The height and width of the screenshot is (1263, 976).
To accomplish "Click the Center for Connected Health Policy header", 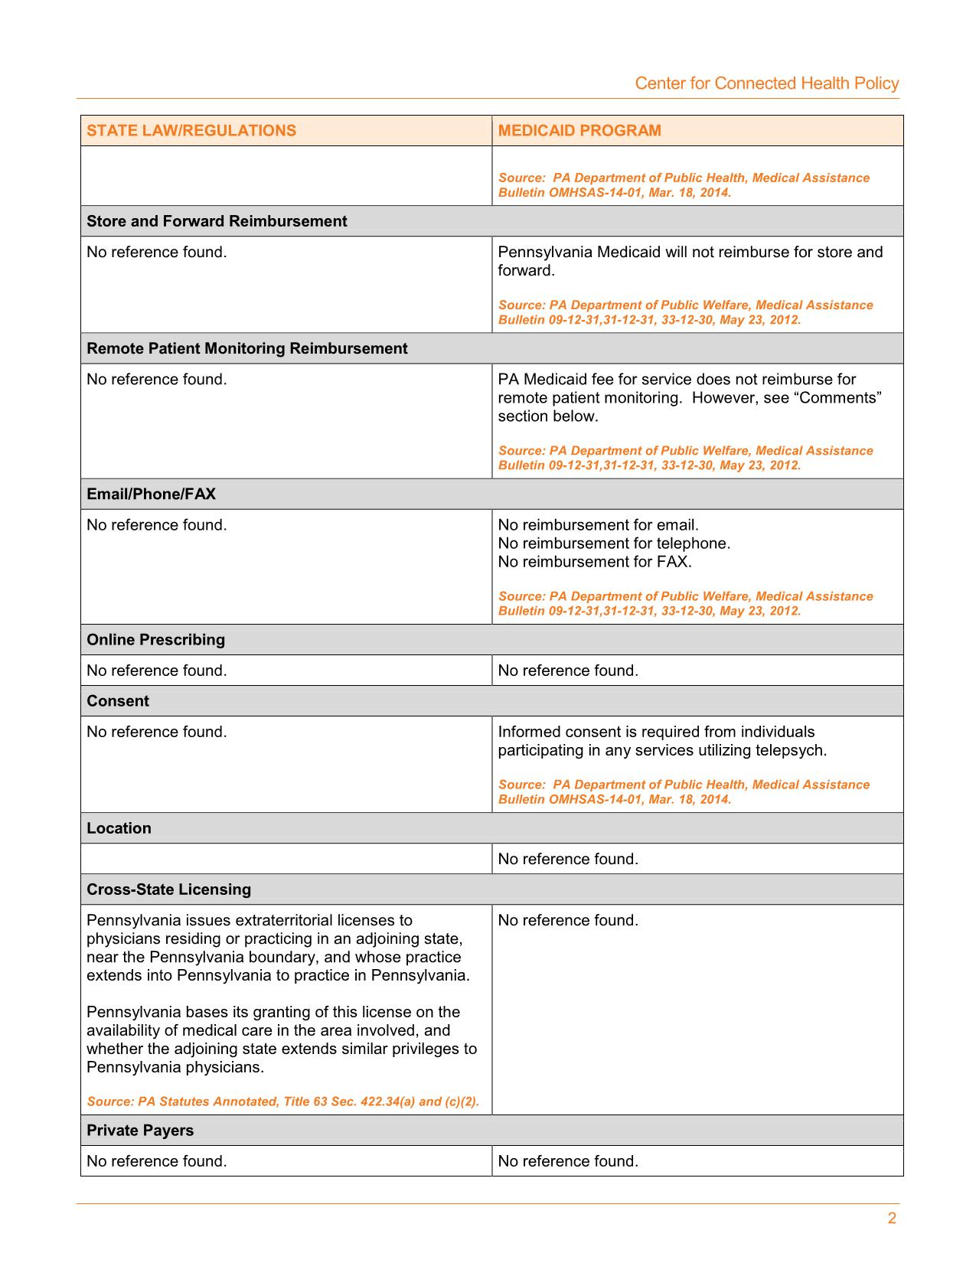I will (766, 83).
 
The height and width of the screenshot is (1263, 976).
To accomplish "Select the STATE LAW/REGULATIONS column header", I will (191, 130).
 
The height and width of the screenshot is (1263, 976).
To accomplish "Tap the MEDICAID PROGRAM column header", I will (579, 130).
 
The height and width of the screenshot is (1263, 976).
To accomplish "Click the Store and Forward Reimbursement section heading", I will (217, 221).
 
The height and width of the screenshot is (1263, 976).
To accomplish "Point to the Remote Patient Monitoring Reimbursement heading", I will (246, 348).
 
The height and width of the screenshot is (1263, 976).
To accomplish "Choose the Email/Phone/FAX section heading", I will (151, 494).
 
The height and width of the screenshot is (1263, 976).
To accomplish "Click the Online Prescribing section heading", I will (155, 639).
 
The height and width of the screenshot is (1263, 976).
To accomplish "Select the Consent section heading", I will (118, 700).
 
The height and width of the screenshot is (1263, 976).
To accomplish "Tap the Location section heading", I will (119, 828).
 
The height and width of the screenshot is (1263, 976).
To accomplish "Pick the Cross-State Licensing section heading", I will (168, 889).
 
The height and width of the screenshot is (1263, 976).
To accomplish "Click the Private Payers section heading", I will (140, 1131).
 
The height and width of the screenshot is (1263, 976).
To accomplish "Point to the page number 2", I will (892, 1219).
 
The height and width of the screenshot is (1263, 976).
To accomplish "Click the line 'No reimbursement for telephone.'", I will (614, 543).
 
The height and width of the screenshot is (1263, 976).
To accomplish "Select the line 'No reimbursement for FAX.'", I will (595, 562).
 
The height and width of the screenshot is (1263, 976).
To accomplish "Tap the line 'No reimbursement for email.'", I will (598, 525).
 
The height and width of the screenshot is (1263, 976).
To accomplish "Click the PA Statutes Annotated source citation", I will (282, 1101).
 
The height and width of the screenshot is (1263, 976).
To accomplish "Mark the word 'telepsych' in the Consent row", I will (789, 750).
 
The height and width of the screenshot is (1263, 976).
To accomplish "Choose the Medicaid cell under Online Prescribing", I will (568, 671).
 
